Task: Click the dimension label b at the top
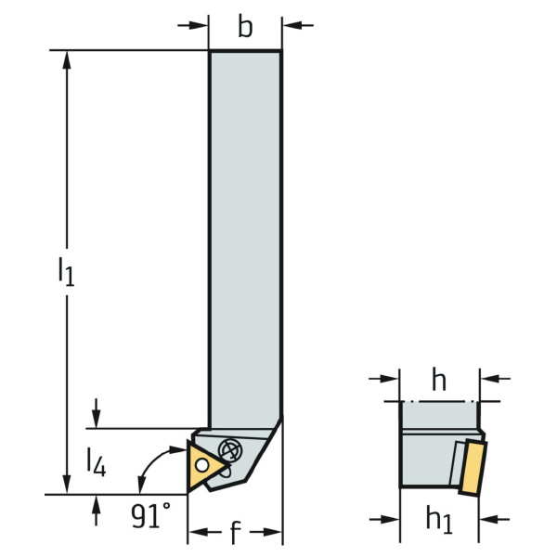coord(245,27)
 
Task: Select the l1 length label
coord(66,271)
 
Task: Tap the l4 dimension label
coord(97,462)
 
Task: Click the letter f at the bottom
coord(236,532)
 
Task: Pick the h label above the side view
coord(439,380)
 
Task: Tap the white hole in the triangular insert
coord(201,465)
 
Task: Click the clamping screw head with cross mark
coord(229,451)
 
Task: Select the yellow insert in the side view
coord(473,467)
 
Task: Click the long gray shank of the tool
coord(245,238)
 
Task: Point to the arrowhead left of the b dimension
coord(198,25)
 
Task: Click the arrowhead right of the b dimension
coord(292,25)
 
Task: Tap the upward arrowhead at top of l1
coord(67,60)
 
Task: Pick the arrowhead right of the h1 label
coord(489,519)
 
